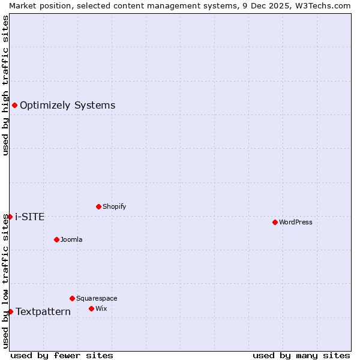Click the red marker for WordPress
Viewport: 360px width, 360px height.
[x=275, y=222]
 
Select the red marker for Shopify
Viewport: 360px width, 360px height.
[x=98, y=206]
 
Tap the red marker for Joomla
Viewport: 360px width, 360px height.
[x=56, y=239]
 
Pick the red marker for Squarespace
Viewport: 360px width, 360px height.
[x=72, y=298]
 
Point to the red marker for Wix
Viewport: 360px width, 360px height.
[x=91, y=308]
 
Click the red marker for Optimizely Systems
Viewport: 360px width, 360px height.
[x=14, y=106]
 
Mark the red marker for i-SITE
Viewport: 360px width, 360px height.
[x=10, y=217]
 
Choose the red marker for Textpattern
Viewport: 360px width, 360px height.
[x=10, y=311]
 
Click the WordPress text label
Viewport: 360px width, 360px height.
[x=296, y=222]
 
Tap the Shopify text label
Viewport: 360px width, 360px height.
[x=114, y=206]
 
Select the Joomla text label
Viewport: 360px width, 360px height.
[x=71, y=239]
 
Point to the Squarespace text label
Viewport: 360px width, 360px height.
[x=97, y=298]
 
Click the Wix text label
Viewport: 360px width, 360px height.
[x=101, y=308]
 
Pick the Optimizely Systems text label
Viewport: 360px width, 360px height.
[x=67, y=106]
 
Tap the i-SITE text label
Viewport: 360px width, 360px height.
[x=30, y=217]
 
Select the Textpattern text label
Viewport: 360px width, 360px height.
[x=43, y=311]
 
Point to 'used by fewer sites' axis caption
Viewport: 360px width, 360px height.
[x=62, y=355]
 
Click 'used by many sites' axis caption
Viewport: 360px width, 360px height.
[x=301, y=355]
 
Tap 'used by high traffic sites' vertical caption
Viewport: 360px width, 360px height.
[x=5, y=85]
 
